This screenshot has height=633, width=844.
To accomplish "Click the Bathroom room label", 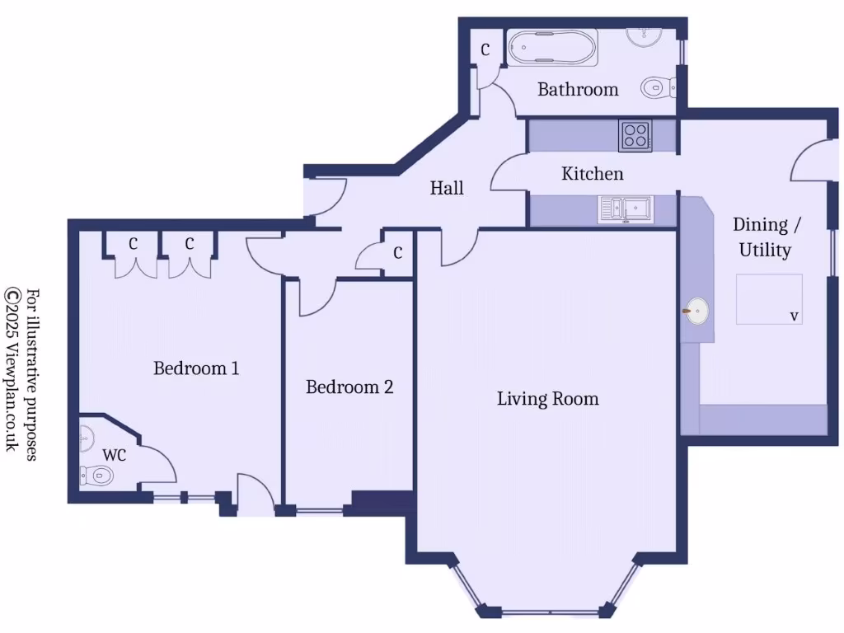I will [577, 89].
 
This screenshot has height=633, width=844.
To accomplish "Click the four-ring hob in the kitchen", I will [635, 134].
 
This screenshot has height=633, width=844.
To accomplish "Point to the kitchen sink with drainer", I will [625, 209].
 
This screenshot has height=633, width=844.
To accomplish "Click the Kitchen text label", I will [592, 174].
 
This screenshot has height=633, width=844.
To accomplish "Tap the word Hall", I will [447, 188].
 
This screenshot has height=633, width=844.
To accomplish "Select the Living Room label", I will [547, 399].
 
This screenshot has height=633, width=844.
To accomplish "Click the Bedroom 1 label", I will [196, 368].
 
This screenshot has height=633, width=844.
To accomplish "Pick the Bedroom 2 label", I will [349, 387].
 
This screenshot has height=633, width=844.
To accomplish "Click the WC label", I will [115, 455].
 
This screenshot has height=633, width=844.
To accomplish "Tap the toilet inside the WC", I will [96, 475].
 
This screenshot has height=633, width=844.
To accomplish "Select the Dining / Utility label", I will [765, 237].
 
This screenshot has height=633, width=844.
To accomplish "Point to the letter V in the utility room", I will [794, 316].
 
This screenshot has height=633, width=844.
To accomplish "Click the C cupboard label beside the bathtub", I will [485, 50].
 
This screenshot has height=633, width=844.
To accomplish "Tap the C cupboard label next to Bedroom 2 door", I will [397, 252].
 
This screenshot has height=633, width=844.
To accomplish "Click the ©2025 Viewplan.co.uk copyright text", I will [12, 368].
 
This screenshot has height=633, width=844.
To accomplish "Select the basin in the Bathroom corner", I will [644, 35].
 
